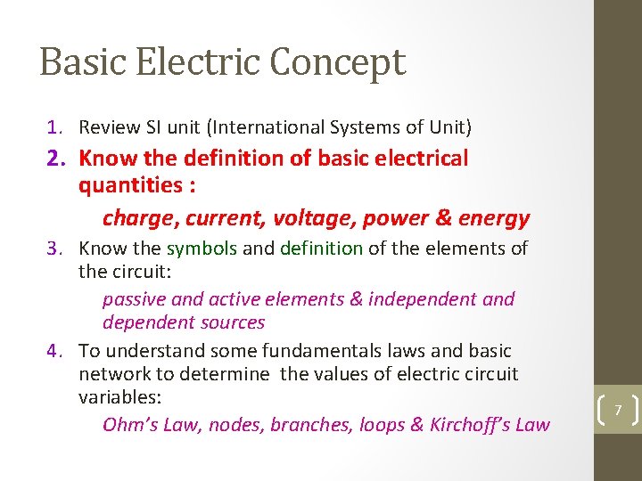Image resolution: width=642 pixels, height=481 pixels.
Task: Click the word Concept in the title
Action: coord(338,62)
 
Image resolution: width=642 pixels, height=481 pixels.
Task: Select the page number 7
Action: coord(616,410)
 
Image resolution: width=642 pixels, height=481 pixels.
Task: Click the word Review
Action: coord(107,128)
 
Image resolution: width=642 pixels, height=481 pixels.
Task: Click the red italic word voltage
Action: coord(308,217)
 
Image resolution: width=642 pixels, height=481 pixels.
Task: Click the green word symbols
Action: coord(202,249)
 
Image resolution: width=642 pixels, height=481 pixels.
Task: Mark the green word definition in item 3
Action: coord(322,249)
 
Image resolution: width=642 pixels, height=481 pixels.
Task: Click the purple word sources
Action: coord(235,322)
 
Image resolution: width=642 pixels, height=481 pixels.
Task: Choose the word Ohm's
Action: coord(128,425)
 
